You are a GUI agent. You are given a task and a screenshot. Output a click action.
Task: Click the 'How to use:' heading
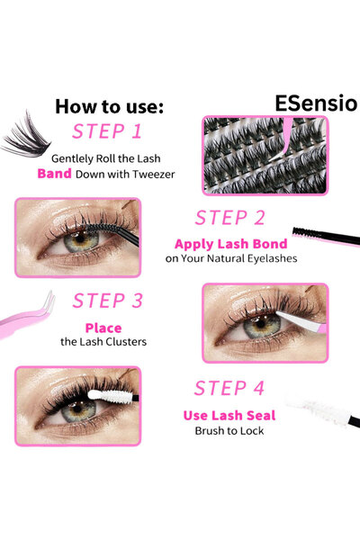point(109,105)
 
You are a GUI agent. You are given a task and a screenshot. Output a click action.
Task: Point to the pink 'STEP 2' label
point(229,217)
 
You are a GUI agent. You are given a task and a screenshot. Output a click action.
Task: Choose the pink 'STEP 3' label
point(108,300)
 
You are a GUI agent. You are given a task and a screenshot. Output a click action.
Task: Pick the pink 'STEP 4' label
point(229,388)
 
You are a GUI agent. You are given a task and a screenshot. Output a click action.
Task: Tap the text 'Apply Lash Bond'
point(231,244)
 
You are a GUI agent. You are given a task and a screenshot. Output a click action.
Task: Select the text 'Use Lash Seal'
point(229,415)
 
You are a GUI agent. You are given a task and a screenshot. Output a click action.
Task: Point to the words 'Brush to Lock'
point(229,431)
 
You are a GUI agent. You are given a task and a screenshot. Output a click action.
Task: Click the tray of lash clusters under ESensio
point(260,155)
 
